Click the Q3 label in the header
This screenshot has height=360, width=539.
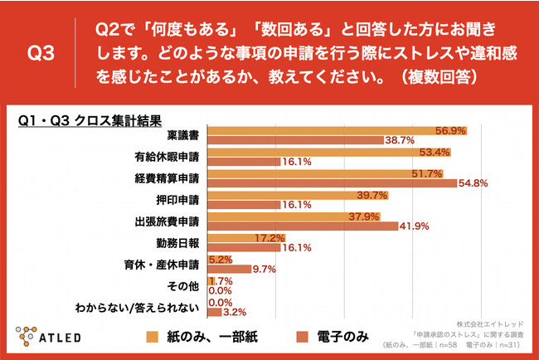click(x=41, y=55)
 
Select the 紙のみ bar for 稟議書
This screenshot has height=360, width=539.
click(x=337, y=131)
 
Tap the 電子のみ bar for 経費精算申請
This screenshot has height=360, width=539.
click(x=332, y=182)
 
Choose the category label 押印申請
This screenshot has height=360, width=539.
click(x=180, y=199)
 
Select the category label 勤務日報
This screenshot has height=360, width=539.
click(x=180, y=242)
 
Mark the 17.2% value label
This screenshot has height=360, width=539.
click(x=264, y=237)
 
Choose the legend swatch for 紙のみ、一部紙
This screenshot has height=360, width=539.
click(x=152, y=337)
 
